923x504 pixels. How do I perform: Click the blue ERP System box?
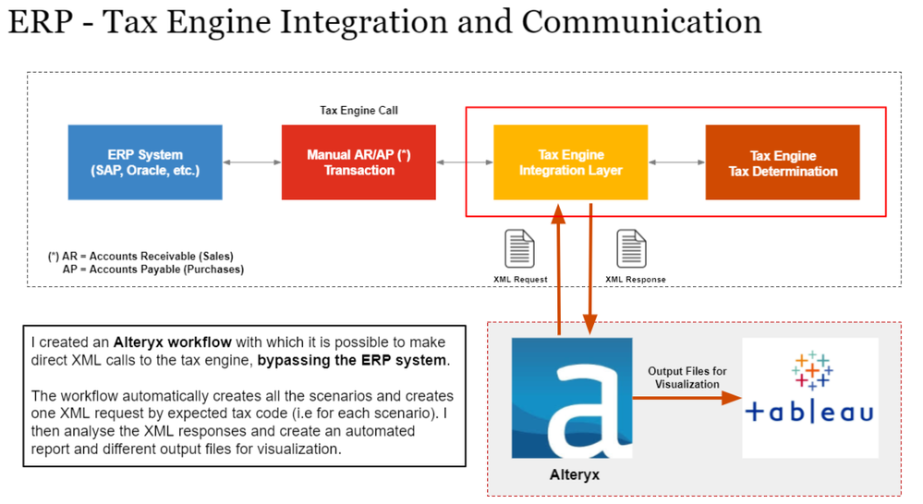(145, 162)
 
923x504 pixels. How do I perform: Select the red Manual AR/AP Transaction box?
(358, 162)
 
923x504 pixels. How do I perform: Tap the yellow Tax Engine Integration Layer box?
(570, 162)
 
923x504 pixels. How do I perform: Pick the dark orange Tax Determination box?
(783, 162)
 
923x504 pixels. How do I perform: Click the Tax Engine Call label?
(358, 111)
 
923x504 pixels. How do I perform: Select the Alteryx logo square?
(572, 398)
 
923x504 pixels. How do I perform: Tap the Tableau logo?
(809, 397)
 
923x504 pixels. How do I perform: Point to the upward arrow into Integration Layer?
(558, 268)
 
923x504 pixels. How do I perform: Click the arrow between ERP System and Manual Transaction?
(251, 162)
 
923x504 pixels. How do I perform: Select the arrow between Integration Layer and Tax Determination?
(675, 162)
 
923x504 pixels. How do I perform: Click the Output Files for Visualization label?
(686, 377)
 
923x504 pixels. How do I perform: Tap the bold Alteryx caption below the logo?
(571, 474)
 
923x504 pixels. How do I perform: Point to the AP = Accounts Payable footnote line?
(152, 270)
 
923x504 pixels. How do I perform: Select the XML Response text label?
(635, 279)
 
